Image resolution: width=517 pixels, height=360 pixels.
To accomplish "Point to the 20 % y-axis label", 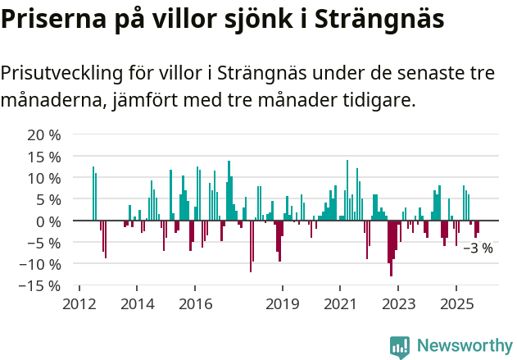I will (x=44, y=134).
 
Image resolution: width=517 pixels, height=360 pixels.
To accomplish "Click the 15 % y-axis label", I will (x=44, y=156).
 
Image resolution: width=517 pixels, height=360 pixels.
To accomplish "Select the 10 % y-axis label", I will (x=44, y=178).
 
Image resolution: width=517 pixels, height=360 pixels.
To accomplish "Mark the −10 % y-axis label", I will (x=40, y=264).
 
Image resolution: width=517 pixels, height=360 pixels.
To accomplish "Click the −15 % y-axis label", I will (x=40, y=286).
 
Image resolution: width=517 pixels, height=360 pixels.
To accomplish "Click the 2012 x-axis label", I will (x=79, y=304).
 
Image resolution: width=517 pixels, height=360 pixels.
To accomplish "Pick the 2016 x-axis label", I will (x=195, y=304).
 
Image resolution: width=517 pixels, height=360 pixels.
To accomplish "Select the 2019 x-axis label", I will (x=282, y=304).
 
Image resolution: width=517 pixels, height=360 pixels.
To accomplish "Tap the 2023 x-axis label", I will (x=398, y=304).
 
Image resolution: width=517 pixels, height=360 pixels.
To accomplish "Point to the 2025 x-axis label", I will (x=456, y=304).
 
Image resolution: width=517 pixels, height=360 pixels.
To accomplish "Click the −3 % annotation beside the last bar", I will (x=478, y=248).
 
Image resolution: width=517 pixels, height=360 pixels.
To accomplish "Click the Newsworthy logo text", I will (x=464, y=346).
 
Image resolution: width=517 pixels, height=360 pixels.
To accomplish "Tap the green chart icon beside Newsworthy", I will (x=400, y=347).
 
